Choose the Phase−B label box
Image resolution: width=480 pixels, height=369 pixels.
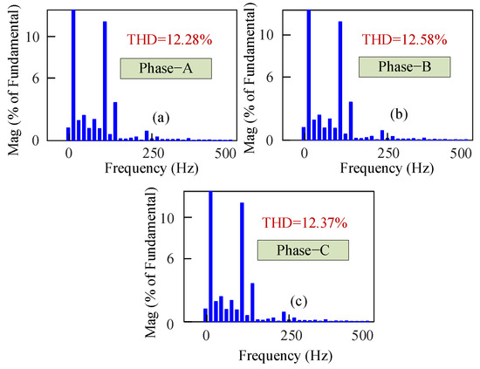click(404, 67)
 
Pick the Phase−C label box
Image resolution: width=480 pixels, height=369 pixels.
click(303, 250)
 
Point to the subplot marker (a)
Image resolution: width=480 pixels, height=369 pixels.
click(161, 116)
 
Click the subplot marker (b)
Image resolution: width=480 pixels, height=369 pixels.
click(400, 114)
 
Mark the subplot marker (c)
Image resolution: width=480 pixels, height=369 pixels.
click(298, 301)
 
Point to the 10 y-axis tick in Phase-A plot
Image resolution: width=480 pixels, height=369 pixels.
click(52, 37)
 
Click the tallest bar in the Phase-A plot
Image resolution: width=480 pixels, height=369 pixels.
click(73, 75)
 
